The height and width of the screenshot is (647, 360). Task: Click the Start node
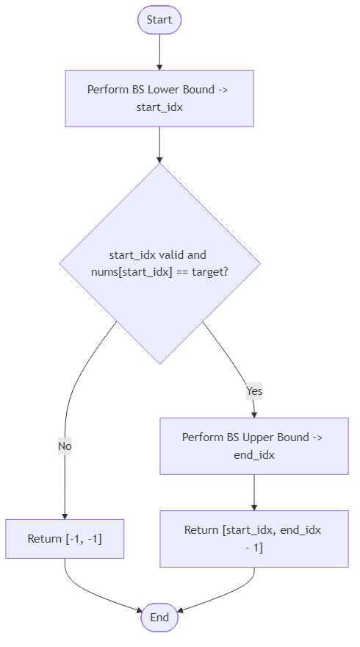tap(159, 20)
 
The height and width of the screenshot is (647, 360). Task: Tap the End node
tap(159, 618)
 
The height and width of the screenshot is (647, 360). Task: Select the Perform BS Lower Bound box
tap(159, 99)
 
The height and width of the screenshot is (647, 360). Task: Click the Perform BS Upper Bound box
tap(254, 446)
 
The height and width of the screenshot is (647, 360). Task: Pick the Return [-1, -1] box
tap(65, 539)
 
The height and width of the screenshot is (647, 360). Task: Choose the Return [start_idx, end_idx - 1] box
tap(254, 539)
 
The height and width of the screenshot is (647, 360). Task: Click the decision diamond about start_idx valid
tap(159, 262)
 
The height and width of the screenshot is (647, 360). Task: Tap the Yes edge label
tap(254, 391)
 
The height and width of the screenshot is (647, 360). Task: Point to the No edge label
tap(65, 446)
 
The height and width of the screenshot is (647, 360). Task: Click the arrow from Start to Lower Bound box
tap(159, 51)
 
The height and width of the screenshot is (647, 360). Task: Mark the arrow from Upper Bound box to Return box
tap(254, 493)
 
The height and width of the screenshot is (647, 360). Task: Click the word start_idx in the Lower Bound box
tap(159, 107)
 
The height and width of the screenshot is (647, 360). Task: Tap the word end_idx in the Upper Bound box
tap(254, 455)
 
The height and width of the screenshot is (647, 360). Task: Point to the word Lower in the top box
tap(164, 90)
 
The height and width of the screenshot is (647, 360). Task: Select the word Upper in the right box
tap(259, 437)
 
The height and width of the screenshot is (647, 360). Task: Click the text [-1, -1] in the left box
tap(84, 539)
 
